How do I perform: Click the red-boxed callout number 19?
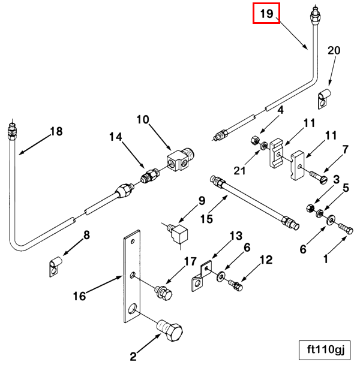pyautogui.click(x=266, y=13)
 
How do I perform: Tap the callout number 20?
pyautogui.click(x=334, y=51)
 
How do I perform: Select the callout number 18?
pyautogui.click(x=56, y=131)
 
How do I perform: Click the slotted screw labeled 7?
pyautogui.click(x=317, y=177)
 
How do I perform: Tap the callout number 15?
pyautogui.click(x=206, y=219)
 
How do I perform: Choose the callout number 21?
pyautogui.click(x=240, y=171)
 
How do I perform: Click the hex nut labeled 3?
pyautogui.click(x=311, y=208)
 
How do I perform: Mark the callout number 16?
pyautogui.click(x=80, y=295)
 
